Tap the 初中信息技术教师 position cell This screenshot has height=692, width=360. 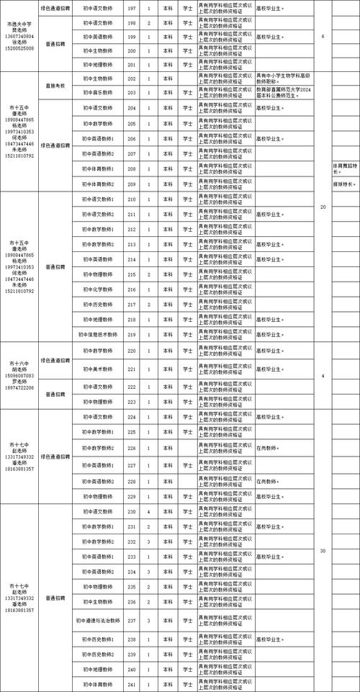[x=97, y=334]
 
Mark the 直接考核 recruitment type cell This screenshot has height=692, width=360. [x=55, y=85]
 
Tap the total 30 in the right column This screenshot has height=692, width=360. [x=322, y=551]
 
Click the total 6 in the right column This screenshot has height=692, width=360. [x=322, y=36]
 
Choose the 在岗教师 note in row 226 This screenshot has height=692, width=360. [x=268, y=448]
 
